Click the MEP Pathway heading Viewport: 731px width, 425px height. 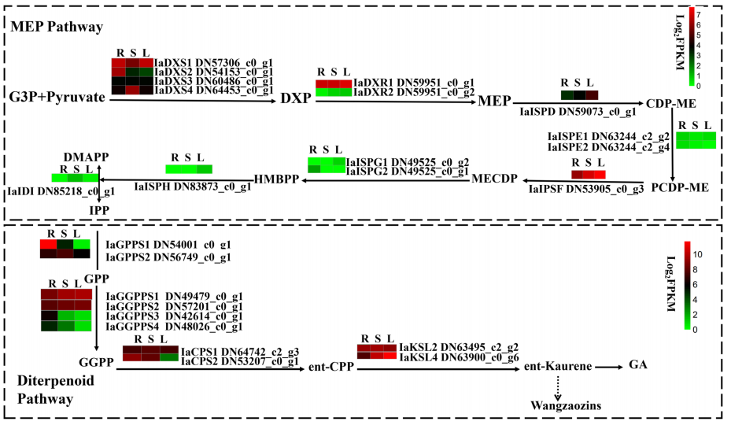click(57, 27)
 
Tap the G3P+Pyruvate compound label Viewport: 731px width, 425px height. click(57, 97)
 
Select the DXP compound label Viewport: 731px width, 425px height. click(296, 98)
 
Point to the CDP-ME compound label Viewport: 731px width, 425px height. click(671, 103)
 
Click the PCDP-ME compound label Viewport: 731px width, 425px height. click(680, 187)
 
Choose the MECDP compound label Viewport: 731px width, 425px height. click(494, 179)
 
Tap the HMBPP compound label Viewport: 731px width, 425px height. click(276, 179)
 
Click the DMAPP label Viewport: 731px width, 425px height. click(87, 157)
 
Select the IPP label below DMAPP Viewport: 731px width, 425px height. click(99, 210)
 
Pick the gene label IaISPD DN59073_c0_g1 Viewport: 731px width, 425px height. click(578, 112)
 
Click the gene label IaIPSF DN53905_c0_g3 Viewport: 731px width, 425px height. click(586, 189)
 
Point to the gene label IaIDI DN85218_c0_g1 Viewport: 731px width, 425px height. click(61, 191)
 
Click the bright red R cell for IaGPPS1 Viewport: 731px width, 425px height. click(48, 245)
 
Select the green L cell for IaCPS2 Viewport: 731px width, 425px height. click(169, 357)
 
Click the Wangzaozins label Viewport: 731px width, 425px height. click(566, 405)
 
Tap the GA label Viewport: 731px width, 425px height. click(638, 364)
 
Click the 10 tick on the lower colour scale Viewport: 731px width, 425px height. click(697, 254)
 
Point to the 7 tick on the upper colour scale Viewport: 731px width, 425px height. click(699, 15)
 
